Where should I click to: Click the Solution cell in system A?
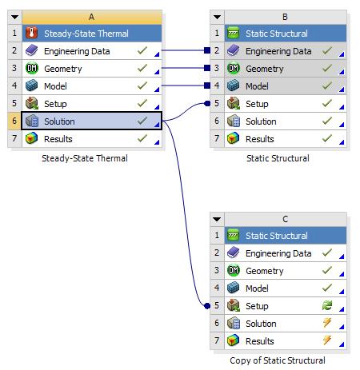pos(91,121)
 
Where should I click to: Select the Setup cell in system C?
pos(286,306)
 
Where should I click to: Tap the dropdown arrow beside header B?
pos(217,18)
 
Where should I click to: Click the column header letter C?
pos(285,219)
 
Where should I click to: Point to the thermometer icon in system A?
pos(31,33)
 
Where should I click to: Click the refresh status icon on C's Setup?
pos(327,305)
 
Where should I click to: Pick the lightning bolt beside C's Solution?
pos(327,323)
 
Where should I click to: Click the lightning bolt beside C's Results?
pos(327,340)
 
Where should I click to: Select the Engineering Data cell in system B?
pos(286,50)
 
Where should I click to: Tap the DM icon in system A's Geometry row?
pos(32,68)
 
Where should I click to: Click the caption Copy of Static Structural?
pos(278,360)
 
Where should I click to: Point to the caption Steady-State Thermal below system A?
pos(85,158)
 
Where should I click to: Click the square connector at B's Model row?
pos(207,86)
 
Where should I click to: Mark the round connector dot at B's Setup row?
pos(207,103)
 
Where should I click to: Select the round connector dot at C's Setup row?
pos(207,306)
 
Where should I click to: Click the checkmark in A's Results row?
pos(142,138)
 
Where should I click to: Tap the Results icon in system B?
pos(234,138)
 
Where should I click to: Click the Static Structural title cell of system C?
pos(286,236)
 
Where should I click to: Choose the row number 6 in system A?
pos(14,121)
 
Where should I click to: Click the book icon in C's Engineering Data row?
pos(234,253)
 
